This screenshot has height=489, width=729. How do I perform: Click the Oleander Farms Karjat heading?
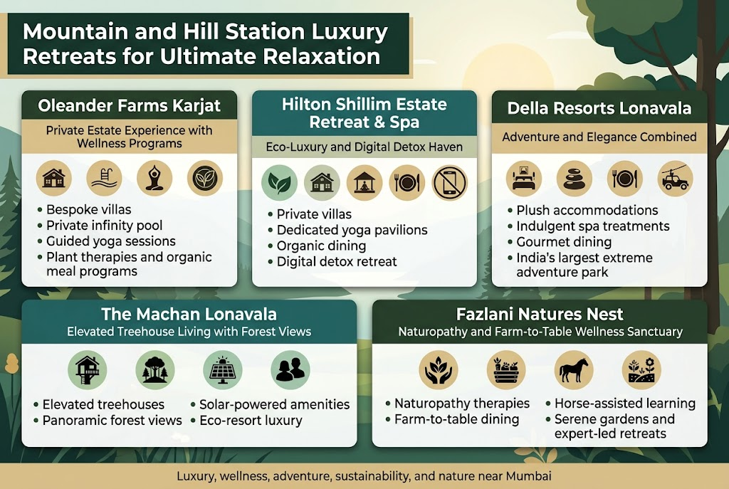[130, 107]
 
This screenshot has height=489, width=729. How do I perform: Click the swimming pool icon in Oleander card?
[104, 178]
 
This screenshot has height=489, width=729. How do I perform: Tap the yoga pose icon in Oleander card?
[154, 178]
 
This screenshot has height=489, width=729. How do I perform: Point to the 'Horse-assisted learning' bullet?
[624, 404]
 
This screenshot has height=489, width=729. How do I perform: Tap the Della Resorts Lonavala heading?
[599, 109]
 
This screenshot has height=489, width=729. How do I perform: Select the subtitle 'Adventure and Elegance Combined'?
[599, 136]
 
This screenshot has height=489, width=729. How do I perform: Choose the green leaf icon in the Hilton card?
[278, 182]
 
